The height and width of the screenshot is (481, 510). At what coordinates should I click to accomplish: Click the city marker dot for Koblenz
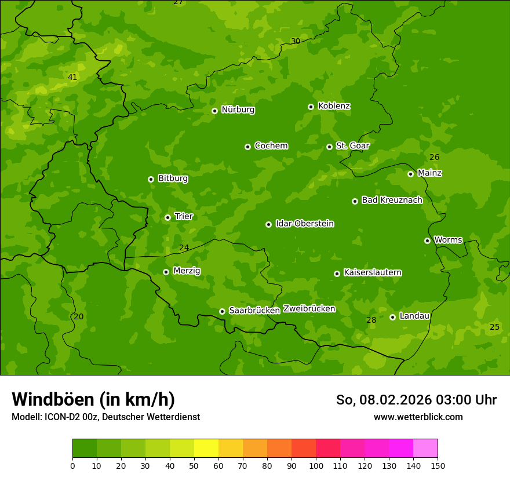point(311,107)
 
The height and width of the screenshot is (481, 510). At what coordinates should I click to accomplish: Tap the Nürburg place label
point(238,110)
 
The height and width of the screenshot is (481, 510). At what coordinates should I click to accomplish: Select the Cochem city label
point(271,146)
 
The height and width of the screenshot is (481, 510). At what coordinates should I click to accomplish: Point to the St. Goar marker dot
point(329,147)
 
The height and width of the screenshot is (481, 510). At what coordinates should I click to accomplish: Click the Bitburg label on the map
point(173,178)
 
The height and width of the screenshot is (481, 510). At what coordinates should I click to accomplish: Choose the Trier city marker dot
point(168,217)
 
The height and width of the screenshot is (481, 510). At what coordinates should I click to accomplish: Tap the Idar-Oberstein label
point(304,224)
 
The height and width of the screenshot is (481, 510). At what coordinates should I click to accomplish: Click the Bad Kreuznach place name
point(392,200)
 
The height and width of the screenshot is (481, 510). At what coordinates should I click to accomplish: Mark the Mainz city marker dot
point(410,174)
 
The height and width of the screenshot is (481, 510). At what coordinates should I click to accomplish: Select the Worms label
point(448,240)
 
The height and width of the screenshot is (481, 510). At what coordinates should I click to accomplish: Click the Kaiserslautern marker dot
point(337,274)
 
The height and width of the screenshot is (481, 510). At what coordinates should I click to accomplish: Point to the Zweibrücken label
point(309,309)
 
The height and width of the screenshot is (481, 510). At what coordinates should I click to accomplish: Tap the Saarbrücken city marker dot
point(222,311)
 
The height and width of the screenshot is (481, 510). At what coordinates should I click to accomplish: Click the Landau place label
point(414,316)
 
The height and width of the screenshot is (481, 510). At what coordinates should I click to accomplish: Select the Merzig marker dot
point(166,272)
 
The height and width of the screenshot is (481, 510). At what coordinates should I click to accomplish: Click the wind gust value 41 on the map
point(72,77)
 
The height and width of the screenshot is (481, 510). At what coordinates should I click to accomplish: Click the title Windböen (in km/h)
point(93,399)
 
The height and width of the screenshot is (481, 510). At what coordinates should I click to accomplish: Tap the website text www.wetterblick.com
point(418,417)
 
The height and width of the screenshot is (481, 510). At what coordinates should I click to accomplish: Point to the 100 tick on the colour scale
point(316,465)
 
